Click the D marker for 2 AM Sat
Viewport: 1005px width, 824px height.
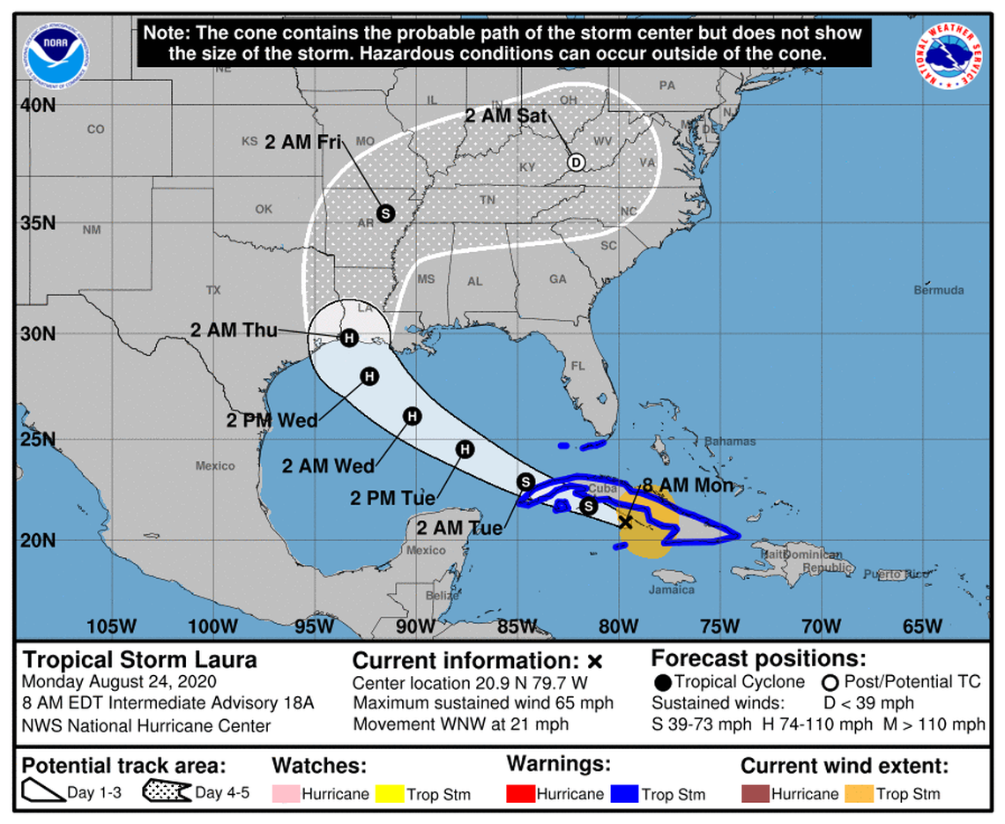click(576, 162)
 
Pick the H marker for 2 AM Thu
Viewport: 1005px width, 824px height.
click(349, 338)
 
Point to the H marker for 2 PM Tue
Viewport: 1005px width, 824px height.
click(465, 450)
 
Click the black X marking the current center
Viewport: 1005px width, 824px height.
click(626, 522)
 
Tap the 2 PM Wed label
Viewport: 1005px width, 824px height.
click(272, 420)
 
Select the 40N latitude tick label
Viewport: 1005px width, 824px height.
click(38, 105)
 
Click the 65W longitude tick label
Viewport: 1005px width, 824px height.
click(923, 627)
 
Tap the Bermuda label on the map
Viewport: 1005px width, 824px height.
click(941, 290)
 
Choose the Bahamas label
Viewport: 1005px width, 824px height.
click(731, 441)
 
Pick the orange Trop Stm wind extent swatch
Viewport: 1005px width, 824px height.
click(859, 793)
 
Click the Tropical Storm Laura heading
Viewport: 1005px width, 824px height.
click(140, 659)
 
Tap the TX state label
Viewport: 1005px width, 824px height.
click(212, 289)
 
